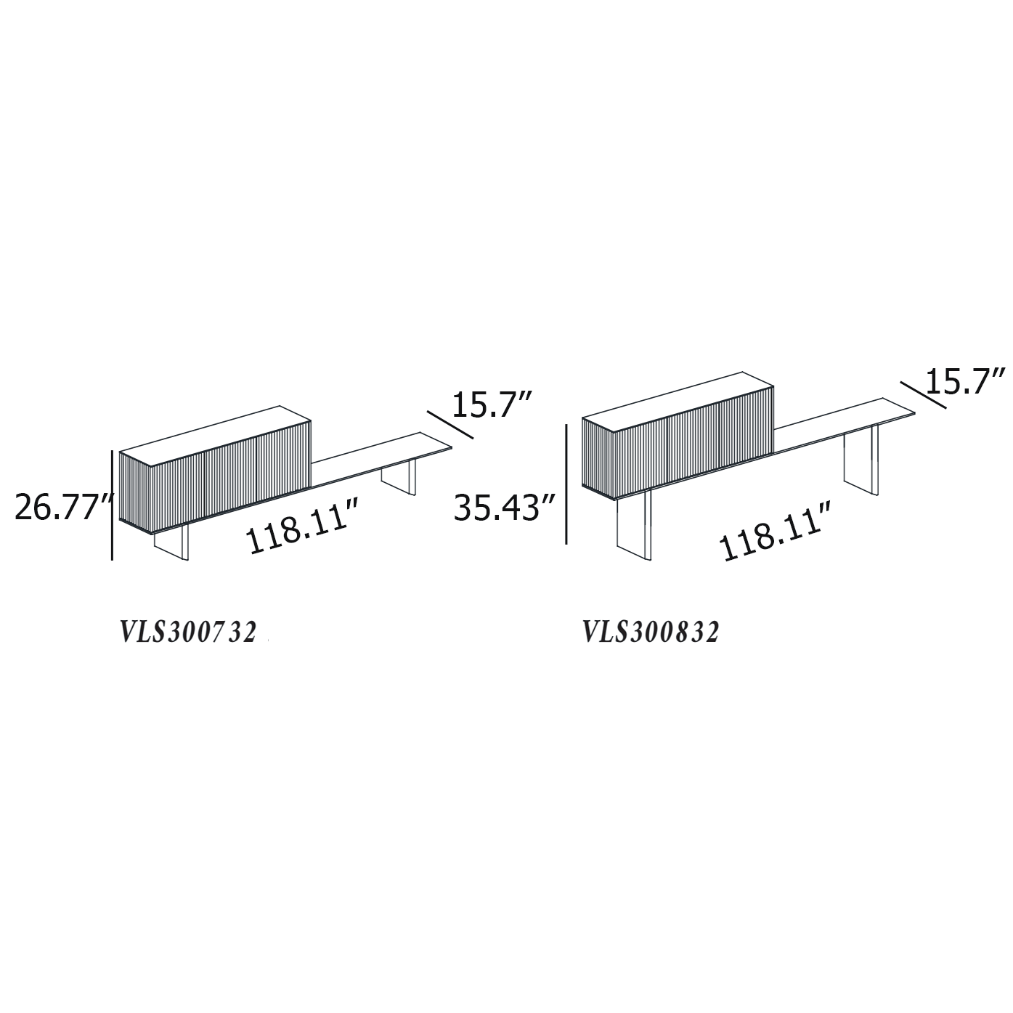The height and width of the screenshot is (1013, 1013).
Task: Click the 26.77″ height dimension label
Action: pos(63,508)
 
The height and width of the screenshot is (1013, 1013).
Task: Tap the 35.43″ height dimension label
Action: pos(505,508)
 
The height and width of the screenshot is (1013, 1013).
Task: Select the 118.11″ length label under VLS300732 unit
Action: pos(302,526)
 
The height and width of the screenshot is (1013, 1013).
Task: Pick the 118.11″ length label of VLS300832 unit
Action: pos(776,532)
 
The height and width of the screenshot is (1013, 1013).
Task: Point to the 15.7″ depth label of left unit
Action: pos(492,404)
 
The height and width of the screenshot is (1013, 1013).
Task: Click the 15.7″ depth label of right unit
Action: pos(965,381)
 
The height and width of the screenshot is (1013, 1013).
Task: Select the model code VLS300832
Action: pos(651,632)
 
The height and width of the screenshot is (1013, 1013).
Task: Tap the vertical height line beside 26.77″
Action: pos(113,505)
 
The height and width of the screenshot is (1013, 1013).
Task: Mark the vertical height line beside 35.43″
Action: pos(566,484)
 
